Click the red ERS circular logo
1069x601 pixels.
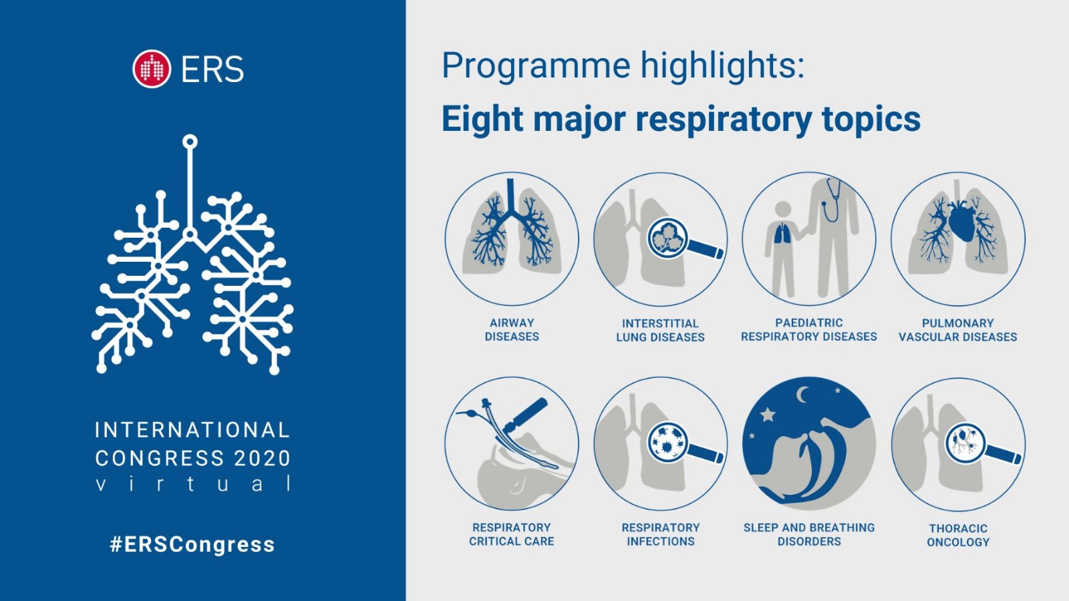point(151,69)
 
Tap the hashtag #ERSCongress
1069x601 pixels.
point(192,544)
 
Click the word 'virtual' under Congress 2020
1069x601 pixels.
point(193,483)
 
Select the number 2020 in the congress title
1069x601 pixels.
point(262,458)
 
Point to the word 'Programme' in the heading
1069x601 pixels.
point(535,66)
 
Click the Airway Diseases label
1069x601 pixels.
point(512,330)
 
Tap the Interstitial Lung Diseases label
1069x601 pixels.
point(661,330)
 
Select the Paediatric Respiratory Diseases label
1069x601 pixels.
point(809,330)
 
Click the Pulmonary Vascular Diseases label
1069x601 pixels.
point(958,330)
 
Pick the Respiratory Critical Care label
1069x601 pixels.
point(512,534)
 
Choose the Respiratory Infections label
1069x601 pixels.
point(661,534)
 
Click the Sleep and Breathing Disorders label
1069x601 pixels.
point(809,534)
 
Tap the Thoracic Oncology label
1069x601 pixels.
point(958,535)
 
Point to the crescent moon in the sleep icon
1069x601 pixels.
point(803,395)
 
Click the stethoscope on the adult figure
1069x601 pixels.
point(831,200)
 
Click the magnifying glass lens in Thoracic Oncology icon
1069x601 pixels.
point(965,443)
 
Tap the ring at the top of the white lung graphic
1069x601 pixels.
point(190,142)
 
